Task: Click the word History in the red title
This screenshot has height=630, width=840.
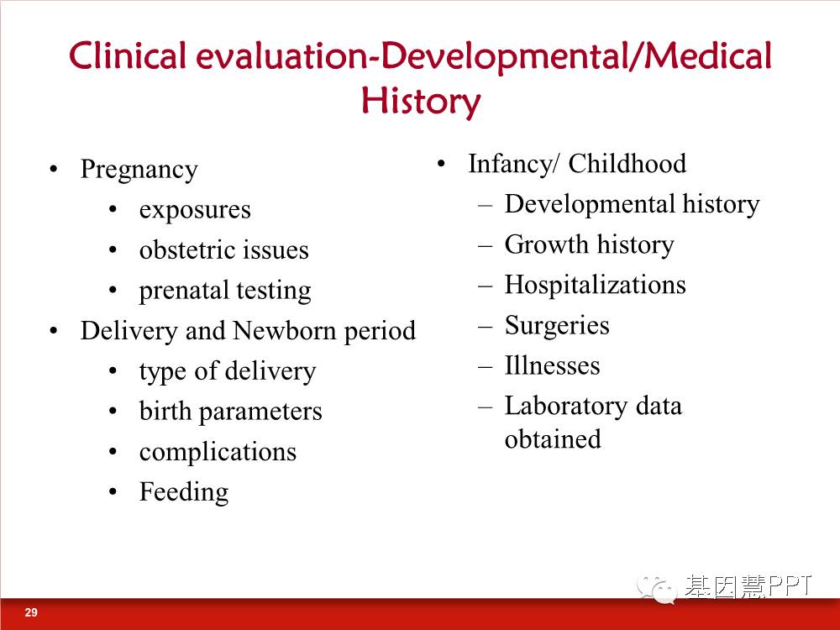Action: [421, 102]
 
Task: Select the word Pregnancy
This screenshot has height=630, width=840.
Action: [139, 171]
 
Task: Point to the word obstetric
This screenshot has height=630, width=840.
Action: [186, 249]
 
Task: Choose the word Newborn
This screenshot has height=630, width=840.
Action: [285, 330]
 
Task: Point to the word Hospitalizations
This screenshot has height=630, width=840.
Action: [596, 285]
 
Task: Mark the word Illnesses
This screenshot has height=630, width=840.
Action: [553, 366]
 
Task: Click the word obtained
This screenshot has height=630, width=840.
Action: [553, 439]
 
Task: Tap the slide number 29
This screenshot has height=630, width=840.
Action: [31, 612]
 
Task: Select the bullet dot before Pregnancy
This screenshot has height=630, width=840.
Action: [53, 170]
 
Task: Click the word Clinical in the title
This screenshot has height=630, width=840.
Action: [128, 55]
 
